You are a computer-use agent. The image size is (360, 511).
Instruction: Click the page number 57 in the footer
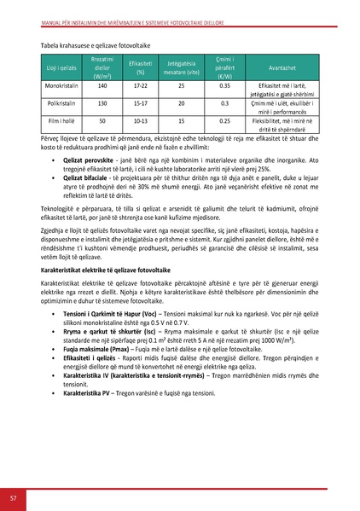tap(14, 498)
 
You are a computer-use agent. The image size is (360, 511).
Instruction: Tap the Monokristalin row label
tap(61, 86)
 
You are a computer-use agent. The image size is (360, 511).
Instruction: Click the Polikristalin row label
tap(61, 103)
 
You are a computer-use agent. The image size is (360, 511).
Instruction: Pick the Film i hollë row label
tap(61, 121)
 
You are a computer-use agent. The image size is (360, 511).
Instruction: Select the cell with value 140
tap(102, 86)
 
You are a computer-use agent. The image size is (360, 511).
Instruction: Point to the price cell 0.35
tap(225, 86)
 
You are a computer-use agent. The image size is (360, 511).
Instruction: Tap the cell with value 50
tap(102, 121)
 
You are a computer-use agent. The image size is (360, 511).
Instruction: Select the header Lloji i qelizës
tap(61, 66)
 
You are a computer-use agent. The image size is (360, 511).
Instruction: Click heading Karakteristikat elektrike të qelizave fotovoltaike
tap(120, 268)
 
